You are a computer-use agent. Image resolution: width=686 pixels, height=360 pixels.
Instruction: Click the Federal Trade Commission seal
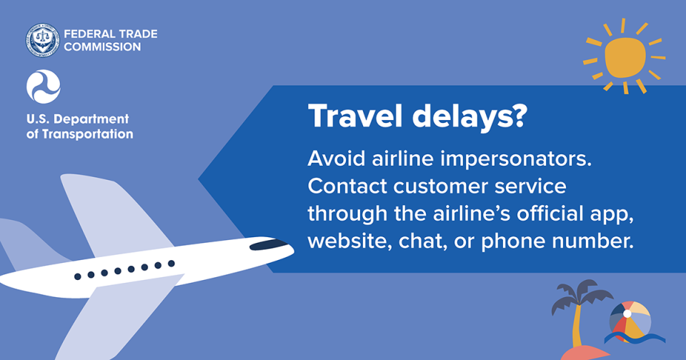click(43, 40)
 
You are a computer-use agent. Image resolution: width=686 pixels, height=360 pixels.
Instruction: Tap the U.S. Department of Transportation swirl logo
click(43, 86)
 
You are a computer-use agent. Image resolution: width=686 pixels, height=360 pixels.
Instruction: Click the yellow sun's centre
click(625, 57)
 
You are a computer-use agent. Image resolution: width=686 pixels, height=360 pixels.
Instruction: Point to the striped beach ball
click(630, 319)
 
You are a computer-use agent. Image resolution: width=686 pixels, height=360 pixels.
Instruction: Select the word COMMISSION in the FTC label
click(102, 46)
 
